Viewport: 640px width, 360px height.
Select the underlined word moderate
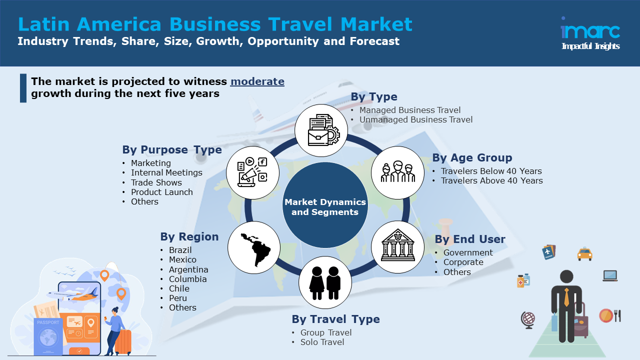click(257, 81)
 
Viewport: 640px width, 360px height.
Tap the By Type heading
click(374, 97)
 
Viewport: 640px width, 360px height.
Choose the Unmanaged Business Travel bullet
click(415, 119)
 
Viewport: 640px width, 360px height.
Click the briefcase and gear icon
click(320, 130)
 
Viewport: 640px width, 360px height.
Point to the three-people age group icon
click(397, 172)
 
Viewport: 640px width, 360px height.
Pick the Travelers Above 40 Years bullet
click(491, 180)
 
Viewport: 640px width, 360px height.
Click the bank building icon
click(397, 246)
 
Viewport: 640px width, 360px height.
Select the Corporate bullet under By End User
click(463, 262)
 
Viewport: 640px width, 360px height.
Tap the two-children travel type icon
click(325, 282)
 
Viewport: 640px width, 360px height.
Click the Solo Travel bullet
click(322, 342)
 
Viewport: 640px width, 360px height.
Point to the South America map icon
click(253, 247)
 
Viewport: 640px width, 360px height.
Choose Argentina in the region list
click(188, 269)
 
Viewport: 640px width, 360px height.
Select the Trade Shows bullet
click(156, 182)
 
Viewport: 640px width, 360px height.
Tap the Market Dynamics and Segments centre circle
click(325, 207)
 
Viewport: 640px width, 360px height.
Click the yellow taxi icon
click(584, 254)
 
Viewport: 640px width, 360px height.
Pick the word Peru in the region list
click(178, 298)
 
